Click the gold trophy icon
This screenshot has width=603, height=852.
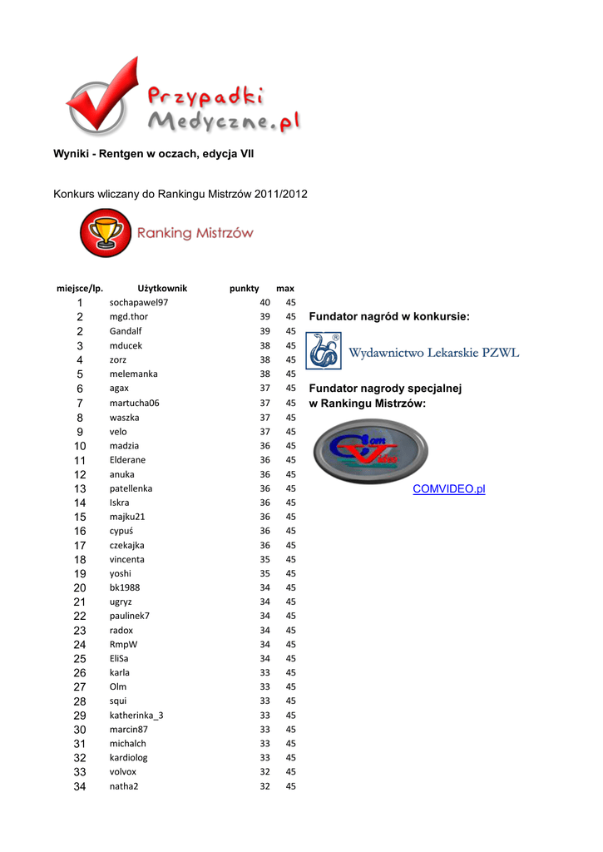(105, 233)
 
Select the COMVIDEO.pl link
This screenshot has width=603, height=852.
(448, 489)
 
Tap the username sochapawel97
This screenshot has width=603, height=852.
(139, 303)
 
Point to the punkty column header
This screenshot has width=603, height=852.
(245, 289)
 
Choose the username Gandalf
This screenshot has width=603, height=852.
(126, 331)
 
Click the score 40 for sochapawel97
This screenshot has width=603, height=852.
(264, 303)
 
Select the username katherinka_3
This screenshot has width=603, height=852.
(136, 716)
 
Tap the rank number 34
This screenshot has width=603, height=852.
(80, 786)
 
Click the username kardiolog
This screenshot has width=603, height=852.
(129, 758)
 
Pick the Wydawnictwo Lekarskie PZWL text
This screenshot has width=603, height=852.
(433, 353)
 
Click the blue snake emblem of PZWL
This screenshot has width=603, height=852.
(324, 351)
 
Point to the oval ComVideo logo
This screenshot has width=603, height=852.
(370, 451)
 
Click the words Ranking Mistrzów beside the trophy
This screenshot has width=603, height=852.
(195, 234)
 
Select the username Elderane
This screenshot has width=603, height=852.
(127, 460)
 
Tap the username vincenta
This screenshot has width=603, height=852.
(127, 560)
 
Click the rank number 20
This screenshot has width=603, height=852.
(80, 588)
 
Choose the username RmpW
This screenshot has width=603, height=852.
(123, 645)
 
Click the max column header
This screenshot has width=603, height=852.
(285, 289)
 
